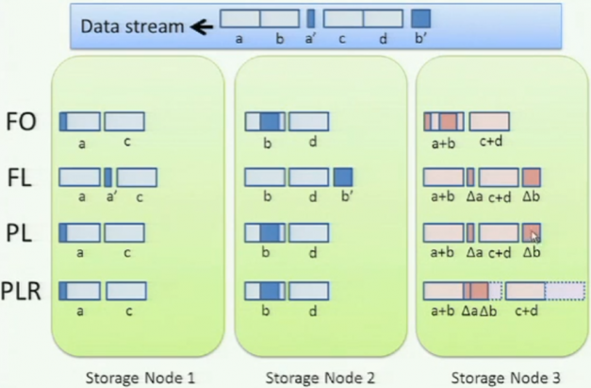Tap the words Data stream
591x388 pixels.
tap(131, 26)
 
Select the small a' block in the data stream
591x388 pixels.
tap(311, 18)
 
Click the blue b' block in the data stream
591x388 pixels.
tap(421, 18)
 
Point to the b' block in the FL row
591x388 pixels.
tap(343, 177)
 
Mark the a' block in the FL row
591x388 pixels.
tap(108, 177)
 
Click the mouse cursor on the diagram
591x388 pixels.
tap(535, 237)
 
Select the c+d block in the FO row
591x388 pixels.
tap(489, 121)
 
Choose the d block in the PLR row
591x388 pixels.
tap(309, 290)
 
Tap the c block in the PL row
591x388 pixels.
tap(124, 232)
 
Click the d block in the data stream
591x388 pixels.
tap(382, 18)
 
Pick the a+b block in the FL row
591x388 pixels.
tap(443, 177)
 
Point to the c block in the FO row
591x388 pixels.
tap(124, 121)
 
